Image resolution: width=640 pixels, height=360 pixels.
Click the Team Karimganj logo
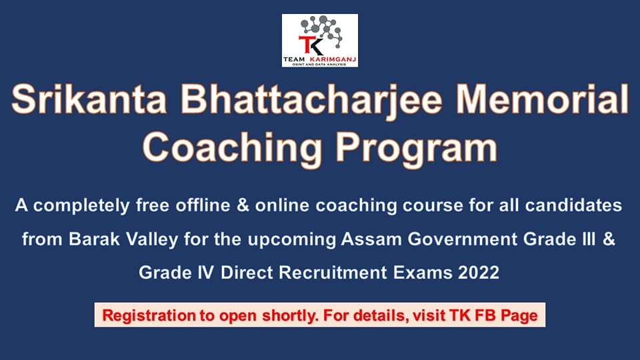(319, 41)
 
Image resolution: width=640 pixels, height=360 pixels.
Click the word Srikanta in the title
(89, 99)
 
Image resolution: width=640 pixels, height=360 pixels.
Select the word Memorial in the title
(542, 99)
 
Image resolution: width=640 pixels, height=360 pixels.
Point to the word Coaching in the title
(232, 149)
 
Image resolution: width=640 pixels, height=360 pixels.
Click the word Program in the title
(416, 149)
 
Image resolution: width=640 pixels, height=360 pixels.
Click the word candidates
(573, 205)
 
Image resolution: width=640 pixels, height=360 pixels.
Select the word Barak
(94, 239)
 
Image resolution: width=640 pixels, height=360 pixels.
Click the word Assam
(371, 239)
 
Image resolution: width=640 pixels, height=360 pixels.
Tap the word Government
(462, 239)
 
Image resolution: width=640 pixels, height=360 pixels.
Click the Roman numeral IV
(205, 272)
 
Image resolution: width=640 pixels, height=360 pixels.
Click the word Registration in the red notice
(149, 316)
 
